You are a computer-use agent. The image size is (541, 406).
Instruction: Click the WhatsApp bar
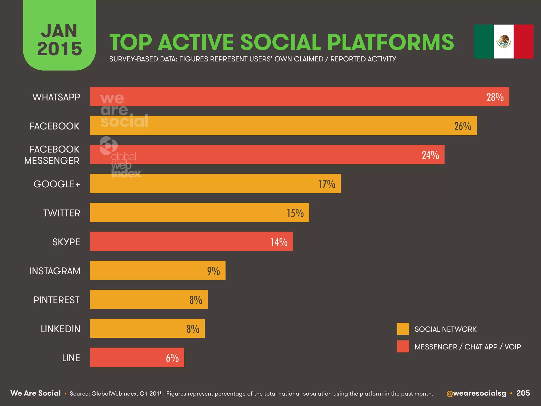300,97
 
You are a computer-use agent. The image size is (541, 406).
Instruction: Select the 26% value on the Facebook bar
463,126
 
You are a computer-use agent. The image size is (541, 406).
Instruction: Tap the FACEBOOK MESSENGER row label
52,155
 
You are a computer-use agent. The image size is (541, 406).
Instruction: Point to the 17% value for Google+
327,184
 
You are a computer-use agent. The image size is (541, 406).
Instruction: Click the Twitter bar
199,213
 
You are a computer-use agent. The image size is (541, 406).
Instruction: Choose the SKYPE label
66,242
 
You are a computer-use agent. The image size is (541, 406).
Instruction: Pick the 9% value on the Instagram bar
213,271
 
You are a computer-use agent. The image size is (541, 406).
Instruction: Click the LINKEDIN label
60,329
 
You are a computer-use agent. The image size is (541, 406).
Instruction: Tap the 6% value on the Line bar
172,358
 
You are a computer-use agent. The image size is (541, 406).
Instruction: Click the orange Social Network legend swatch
403,329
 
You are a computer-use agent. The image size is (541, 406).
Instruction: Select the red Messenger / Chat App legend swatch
403,347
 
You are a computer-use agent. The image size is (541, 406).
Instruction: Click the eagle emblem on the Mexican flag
503,41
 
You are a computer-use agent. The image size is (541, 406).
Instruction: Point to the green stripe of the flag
484,41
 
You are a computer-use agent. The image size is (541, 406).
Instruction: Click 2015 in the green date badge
59,49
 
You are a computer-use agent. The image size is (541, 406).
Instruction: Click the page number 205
523,393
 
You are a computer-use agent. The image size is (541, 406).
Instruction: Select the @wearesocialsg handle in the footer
476,393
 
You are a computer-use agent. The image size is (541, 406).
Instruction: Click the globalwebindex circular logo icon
109,146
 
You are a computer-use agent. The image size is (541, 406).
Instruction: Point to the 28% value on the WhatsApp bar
495,97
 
